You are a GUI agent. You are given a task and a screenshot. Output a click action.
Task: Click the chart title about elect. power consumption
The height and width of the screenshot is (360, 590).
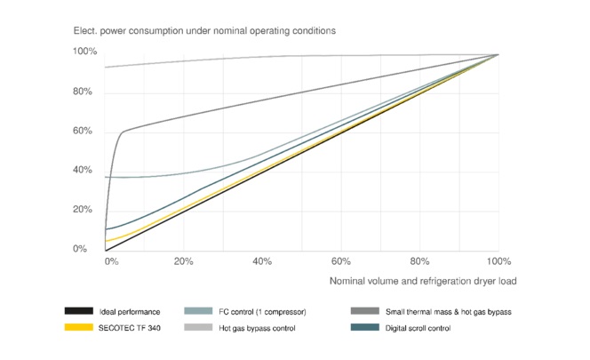coord(204,31)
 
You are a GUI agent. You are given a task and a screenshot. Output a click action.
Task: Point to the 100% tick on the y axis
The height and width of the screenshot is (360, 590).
coord(84,52)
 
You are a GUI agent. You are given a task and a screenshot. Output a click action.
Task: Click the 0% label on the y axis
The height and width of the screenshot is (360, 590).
coord(80,249)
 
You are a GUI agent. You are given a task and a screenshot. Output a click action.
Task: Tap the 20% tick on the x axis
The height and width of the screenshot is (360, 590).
coord(184,262)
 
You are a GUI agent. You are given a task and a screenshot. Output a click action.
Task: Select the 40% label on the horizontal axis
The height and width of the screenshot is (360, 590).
coord(262,262)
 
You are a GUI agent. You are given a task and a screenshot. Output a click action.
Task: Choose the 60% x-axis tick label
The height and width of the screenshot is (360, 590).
coord(341,262)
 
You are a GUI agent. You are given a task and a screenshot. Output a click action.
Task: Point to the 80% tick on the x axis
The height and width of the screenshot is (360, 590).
coord(419,262)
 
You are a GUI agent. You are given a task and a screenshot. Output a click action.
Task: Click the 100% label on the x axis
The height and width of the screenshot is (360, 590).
coord(498,262)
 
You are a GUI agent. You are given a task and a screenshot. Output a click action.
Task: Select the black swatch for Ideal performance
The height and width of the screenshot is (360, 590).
coord(79,311)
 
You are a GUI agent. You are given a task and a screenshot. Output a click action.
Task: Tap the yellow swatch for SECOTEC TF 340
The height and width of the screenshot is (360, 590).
coord(79,328)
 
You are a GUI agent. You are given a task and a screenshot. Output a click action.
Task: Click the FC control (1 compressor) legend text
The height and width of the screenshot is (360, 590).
coord(263,311)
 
